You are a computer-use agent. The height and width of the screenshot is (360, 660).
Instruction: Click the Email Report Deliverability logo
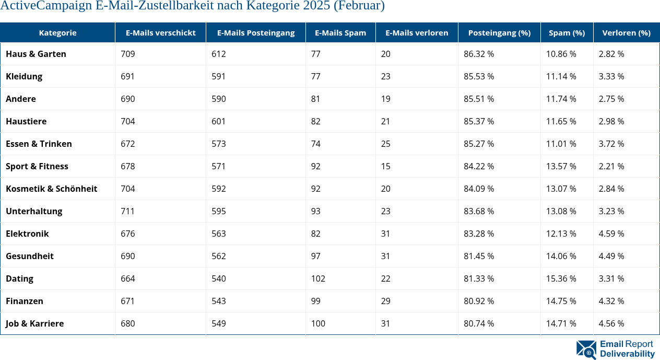click(615, 349)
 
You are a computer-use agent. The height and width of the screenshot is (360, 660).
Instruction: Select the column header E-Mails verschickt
click(160, 32)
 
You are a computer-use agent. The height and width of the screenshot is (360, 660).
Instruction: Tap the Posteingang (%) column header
click(499, 32)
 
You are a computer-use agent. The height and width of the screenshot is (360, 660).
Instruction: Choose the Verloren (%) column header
click(626, 32)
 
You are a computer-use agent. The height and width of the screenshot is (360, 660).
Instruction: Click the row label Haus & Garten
click(36, 54)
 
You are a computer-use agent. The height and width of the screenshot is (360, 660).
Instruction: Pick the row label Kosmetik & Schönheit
click(51, 189)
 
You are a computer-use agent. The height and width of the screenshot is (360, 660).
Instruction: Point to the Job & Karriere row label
click(34, 323)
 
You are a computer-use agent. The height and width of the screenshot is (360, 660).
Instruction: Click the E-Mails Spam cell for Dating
click(318, 278)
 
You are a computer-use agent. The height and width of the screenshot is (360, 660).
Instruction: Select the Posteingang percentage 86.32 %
click(479, 54)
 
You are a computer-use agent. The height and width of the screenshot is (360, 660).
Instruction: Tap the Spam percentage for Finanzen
click(561, 301)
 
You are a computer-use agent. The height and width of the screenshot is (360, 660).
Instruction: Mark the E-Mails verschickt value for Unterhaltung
click(127, 211)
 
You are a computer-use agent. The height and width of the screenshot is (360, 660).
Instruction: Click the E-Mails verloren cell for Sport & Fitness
click(385, 166)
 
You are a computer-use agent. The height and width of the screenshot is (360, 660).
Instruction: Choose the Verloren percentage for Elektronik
click(611, 234)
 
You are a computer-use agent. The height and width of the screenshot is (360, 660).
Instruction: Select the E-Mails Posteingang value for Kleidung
click(218, 76)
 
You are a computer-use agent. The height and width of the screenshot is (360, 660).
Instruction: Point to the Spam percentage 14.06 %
click(561, 256)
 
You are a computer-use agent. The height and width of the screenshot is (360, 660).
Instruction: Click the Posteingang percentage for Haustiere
click(479, 121)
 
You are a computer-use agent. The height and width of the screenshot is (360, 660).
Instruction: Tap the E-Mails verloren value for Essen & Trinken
click(385, 144)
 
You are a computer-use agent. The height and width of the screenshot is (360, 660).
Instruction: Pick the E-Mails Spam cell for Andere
click(315, 99)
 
